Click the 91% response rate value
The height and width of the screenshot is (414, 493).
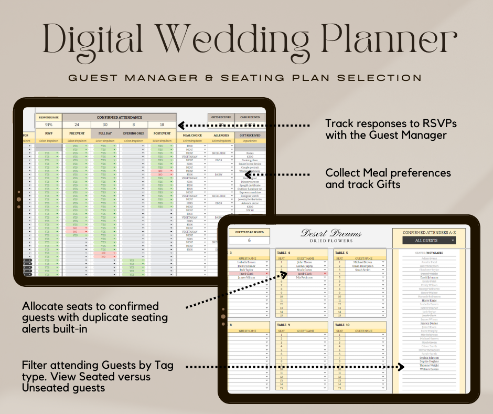(48, 125)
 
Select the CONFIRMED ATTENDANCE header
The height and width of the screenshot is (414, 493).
(120, 117)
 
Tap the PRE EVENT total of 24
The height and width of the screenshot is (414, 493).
(77, 125)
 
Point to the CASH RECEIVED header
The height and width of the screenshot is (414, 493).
(250, 117)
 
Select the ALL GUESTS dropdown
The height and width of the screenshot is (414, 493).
(428, 241)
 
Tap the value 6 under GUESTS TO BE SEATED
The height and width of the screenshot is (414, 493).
(249, 240)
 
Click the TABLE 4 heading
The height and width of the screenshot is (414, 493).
(284, 253)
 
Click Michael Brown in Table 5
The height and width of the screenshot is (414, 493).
(362, 262)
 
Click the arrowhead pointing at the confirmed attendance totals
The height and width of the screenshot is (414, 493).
(180, 125)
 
